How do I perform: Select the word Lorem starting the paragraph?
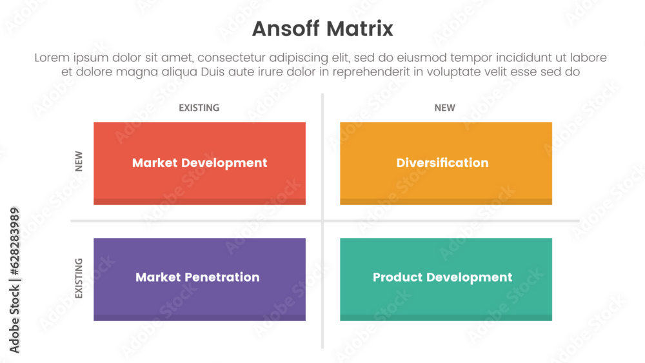pos(52,58)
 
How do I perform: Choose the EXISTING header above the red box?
pos(199,108)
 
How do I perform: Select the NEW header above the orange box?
pos(444,108)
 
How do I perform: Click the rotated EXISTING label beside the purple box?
pos(79,279)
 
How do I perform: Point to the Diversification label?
pos(442,163)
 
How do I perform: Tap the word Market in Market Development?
pos(155,163)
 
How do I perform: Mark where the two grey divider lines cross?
pos(322,221)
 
